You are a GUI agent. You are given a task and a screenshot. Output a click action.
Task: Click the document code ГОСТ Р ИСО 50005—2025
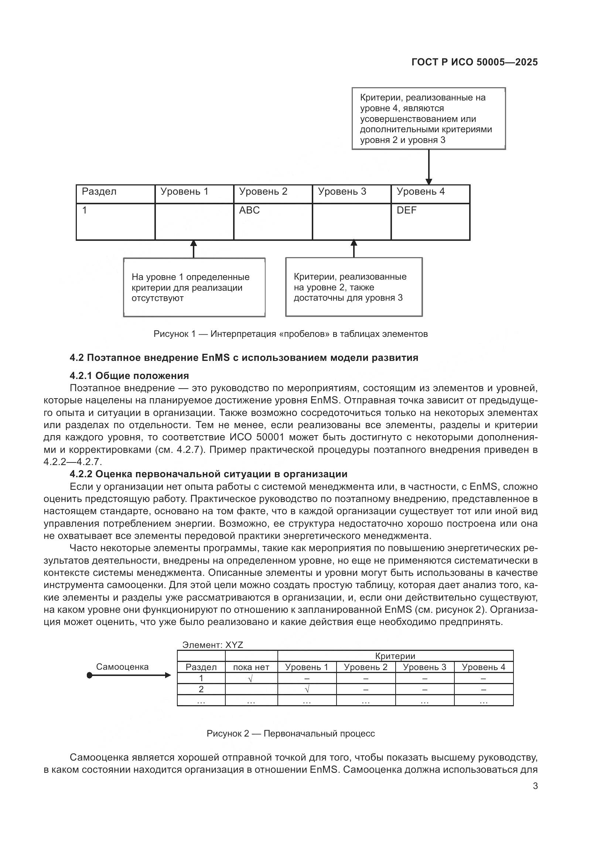pyautogui.click(x=474, y=62)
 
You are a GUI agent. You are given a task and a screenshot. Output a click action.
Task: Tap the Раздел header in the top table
pyautogui.click(x=99, y=192)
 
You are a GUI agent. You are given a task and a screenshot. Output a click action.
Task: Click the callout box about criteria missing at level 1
pyautogui.click(x=194, y=287)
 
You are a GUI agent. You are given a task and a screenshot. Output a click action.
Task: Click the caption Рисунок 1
pyautogui.click(x=290, y=334)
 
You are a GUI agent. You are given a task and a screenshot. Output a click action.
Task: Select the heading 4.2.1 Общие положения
pyautogui.click(x=129, y=376)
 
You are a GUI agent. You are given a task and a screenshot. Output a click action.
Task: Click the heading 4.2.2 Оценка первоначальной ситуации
pyautogui.click(x=208, y=474)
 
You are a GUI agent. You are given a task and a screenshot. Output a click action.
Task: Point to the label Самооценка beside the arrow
pyautogui.click(x=122, y=667)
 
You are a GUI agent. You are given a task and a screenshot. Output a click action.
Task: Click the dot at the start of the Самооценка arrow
pyautogui.click(x=89, y=676)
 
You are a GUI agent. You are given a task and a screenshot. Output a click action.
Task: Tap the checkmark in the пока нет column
pyautogui.click(x=250, y=679)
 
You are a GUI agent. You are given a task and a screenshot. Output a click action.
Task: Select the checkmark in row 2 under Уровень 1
pyautogui.click(x=307, y=689)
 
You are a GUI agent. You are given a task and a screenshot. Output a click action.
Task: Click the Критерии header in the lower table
pyautogui.click(x=395, y=656)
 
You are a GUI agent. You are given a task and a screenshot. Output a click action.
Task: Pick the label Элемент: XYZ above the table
pyautogui.click(x=212, y=645)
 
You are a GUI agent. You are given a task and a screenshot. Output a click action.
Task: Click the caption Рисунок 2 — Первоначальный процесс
pyautogui.click(x=290, y=734)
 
